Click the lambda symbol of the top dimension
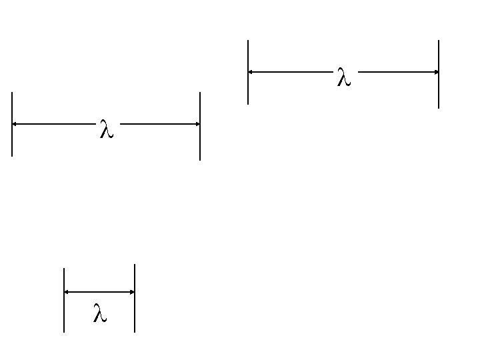pyautogui.click(x=344, y=77)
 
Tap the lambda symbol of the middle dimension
pyautogui.click(x=107, y=129)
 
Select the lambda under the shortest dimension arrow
pyautogui.click(x=100, y=313)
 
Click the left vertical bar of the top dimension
pyautogui.click(x=248, y=72)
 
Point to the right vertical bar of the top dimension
pyautogui.click(x=439, y=74)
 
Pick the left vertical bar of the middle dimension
pyautogui.click(x=12, y=124)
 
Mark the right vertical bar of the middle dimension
pyautogui.click(x=200, y=126)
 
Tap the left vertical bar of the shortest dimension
pyautogui.click(x=64, y=300)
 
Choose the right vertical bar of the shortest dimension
pyautogui.click(x=135, y=298)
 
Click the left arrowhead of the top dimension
pyautogui.click(x=250, y=72)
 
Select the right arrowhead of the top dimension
pyautogui.click(x=437, y=72)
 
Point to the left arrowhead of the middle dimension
pyautogui.click(x=14, y=124)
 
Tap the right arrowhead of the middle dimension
pyautogui.click(x=198, y=124)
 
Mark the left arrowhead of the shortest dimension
pyautogui.click(x=66, y=292)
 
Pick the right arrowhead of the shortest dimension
pyautogui.click(x=132, y=292)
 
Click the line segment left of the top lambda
pyautogui.click(x=291, y=72)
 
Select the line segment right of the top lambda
pyautogui.click(x=398, y=72)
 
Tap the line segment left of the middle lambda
pyautogui.click(x=54, y=124)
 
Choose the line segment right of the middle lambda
pyautogui.click(x=160, y=124)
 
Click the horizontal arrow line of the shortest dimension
pyautogui.click(x=99, y=292)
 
